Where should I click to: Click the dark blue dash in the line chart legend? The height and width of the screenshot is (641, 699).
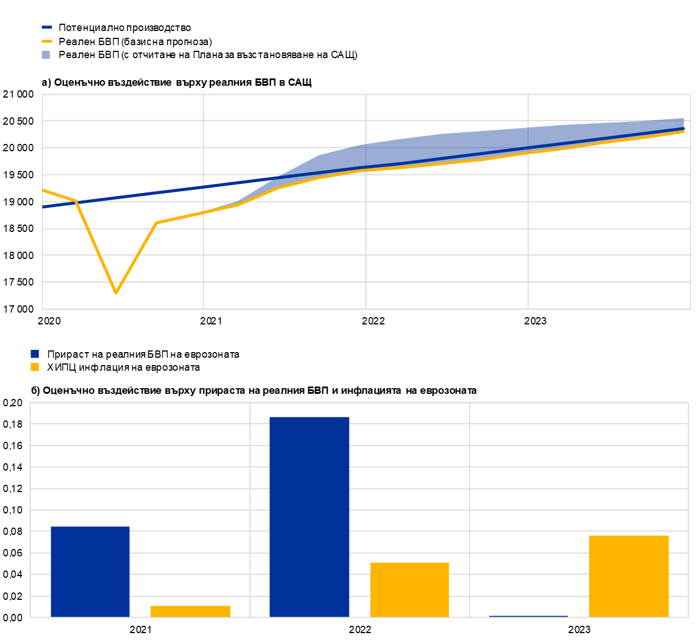[47, 27]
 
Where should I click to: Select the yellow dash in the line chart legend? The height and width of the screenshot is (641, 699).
[47, 41]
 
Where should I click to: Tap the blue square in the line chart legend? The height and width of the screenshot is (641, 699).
[46, 55]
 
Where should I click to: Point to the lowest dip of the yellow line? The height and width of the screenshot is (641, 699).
[116, 293]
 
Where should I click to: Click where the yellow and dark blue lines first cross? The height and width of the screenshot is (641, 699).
[76, 201]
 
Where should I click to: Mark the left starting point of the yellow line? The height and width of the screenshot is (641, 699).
[43, 190]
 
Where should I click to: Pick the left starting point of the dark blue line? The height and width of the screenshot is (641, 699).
[43, 207]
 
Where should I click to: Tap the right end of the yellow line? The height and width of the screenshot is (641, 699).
[683, 131]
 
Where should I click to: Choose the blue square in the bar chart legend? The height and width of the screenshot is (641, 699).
[34, 354]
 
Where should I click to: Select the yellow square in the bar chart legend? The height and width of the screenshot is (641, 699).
[34, 367]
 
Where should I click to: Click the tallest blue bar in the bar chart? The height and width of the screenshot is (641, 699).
[309, 516]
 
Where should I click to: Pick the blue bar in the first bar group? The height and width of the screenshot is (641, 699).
[90, 571]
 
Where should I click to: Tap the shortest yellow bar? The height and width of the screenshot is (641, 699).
[191, 611]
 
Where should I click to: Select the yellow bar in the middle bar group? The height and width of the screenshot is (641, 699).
[410, 590]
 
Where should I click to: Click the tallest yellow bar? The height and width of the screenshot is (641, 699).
[629, 576]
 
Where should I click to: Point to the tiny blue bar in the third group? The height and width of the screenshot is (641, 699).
[529, 616]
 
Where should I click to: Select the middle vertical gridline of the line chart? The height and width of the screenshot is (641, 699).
[366, 254]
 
